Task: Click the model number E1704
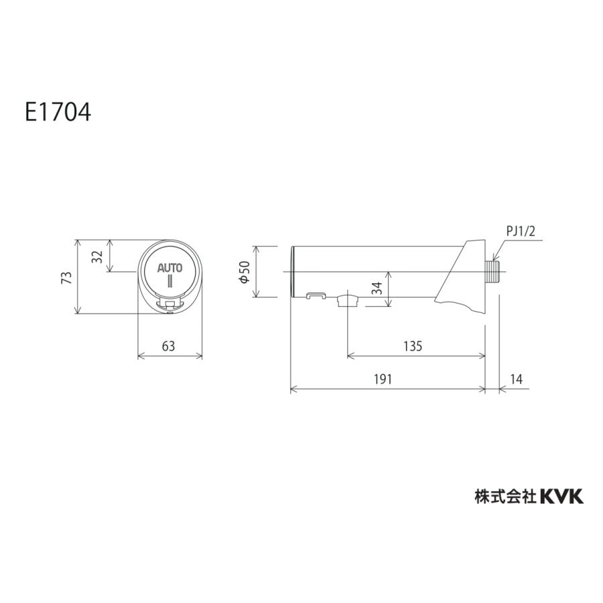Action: coord(58,113)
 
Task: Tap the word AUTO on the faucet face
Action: coord(170,267)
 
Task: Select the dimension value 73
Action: coord(67,277)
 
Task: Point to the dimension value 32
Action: coord(98,256)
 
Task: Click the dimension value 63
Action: coord(168,346)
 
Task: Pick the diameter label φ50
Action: coord(245,272)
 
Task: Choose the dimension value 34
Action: coord(378,288)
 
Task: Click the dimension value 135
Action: coord(413,346)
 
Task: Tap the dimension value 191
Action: coord(383,379)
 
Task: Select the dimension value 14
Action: coord(517,379)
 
